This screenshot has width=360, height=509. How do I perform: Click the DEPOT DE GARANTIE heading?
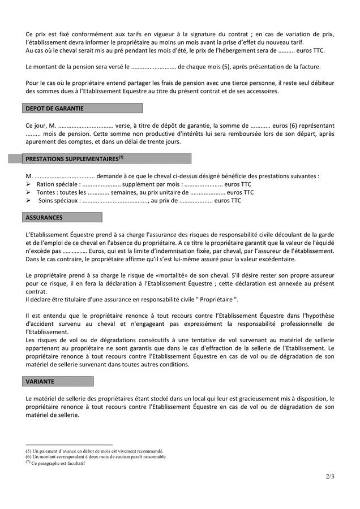(55, 109)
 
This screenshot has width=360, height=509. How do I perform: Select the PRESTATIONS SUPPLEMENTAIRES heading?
(74, 159)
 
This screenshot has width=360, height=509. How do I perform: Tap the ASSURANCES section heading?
(44, 217)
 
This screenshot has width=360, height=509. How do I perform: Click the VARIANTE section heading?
(40, 382)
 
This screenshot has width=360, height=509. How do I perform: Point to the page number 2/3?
(330, 476)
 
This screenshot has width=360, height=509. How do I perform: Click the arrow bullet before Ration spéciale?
(29, 184)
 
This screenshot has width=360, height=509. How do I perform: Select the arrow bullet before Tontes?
(29, 192)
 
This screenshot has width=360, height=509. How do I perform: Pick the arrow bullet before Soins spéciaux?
(29, 200)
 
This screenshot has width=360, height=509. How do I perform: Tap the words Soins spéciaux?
(56, 200)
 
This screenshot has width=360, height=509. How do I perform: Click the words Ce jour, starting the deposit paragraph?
(36, 126)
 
